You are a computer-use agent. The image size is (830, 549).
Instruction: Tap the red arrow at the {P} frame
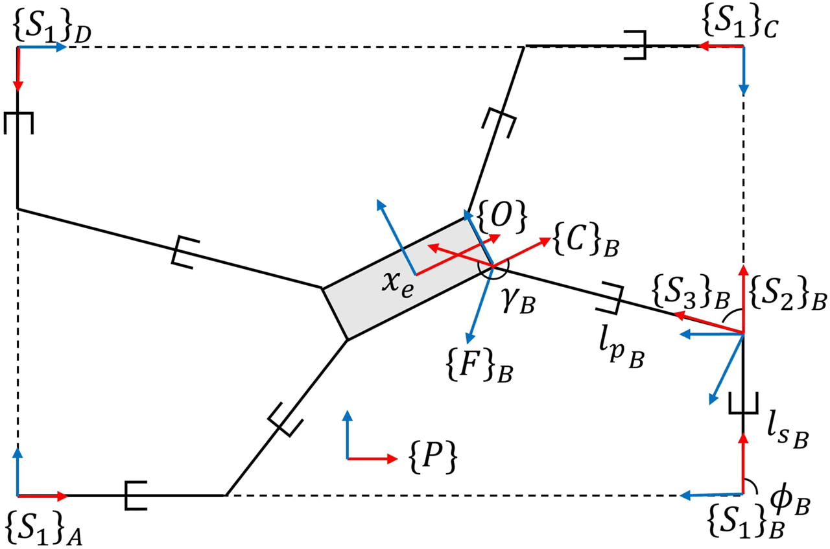pos(372,459)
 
